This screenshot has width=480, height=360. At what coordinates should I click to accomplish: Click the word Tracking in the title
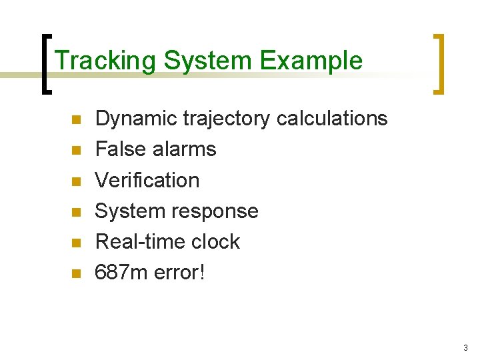click(x=106, y=61)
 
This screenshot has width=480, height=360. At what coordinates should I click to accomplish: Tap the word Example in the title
click(x=311, y=61)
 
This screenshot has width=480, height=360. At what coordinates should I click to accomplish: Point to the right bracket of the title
click(x=439, y=64)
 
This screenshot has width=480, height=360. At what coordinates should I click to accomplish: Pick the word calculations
click(x=331, y=119)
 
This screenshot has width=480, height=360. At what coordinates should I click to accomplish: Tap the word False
click(x=121, y=149)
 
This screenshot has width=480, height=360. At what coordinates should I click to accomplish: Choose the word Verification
click(x=147, y=180)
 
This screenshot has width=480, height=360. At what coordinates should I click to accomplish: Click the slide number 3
click(x=465, y=348)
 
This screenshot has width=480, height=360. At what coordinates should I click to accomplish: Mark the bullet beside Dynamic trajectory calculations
click(x=76, y=120)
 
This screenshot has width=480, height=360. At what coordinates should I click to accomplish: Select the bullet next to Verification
click(x=76, y=181)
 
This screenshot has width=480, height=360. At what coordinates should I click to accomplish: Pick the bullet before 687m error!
click(x=76, y=273)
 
